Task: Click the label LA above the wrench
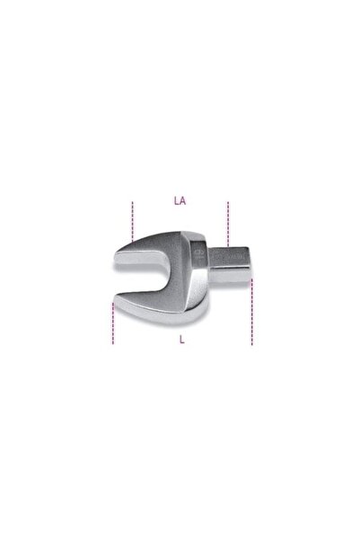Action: (180, 202)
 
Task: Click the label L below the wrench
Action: (181, 341)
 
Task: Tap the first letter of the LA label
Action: (176, 202)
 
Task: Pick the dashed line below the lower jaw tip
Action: (112, 324)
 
